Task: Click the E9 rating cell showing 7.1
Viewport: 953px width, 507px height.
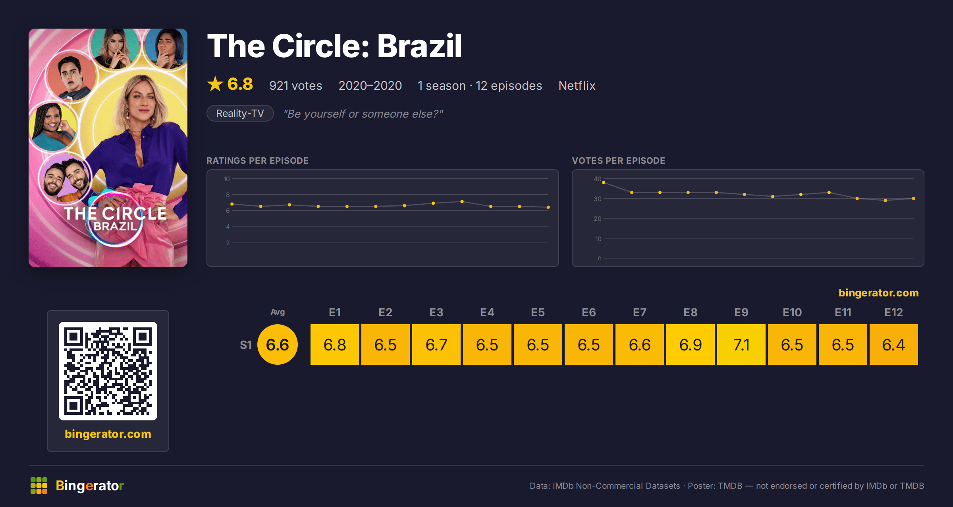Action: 741,344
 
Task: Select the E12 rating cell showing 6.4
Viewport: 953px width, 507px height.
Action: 894,344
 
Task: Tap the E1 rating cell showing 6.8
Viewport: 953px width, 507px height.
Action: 335,344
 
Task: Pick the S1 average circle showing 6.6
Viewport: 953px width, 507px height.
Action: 278,344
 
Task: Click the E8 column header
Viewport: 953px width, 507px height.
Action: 691,312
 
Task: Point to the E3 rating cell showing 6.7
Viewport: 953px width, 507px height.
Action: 436,344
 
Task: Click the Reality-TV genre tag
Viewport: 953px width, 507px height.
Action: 240,113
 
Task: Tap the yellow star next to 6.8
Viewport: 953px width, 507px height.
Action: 215,84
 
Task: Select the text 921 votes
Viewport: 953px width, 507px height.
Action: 296,85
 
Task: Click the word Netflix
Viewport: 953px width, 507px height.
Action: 577,85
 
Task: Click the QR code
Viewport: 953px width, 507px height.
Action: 108,371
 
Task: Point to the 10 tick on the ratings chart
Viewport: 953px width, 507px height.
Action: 227,179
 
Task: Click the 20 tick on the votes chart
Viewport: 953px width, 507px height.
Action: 598,219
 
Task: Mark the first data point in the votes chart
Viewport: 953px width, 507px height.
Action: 604,183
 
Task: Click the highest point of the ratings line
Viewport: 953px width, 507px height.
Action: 462,202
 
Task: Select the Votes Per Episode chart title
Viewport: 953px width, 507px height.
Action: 618,161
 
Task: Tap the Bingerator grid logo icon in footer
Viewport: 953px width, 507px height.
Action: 39,486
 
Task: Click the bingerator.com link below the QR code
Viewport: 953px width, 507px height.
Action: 108,433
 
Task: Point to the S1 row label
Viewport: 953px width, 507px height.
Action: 246,345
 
